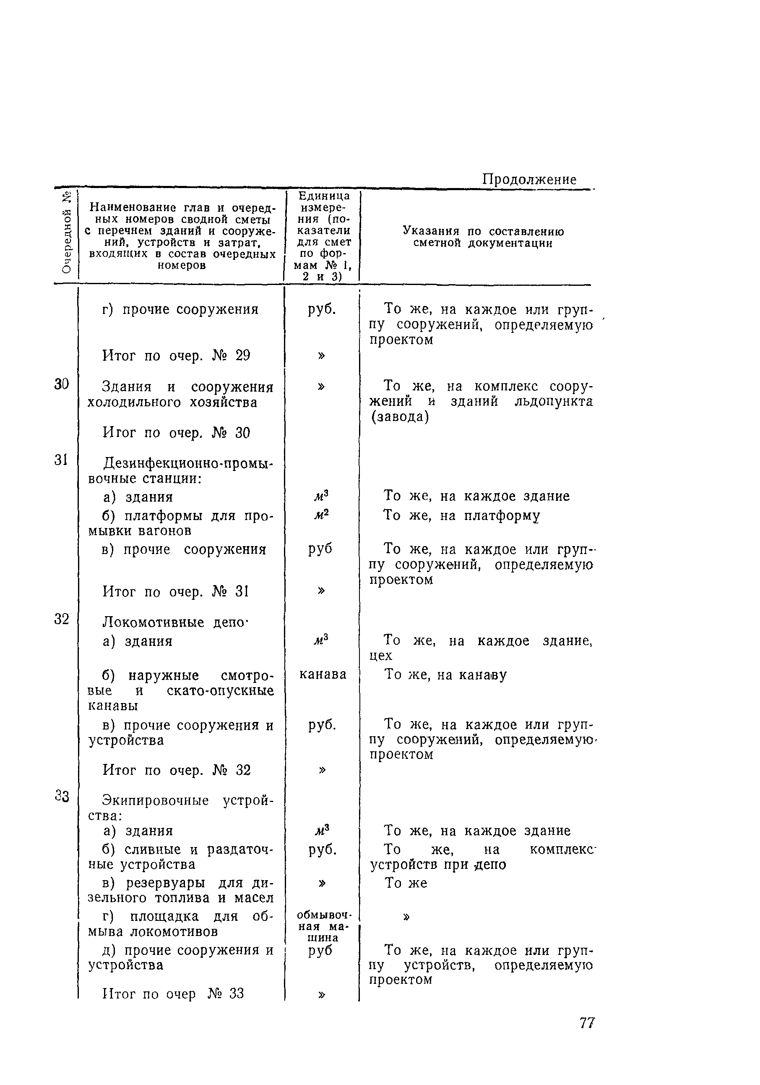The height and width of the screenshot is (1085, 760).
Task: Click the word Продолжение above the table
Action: coord(529,180)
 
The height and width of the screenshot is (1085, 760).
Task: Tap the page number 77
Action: coord(587,1023)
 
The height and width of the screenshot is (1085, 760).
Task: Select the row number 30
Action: coord(61,384)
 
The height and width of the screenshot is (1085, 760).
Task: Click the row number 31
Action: coord(61,460)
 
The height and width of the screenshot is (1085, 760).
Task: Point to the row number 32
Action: coord(61,619)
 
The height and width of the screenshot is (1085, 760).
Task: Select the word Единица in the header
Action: coord(324,196)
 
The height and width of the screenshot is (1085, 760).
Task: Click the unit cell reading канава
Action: coord(323,675)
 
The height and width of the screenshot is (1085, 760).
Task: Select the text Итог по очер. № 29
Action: coord(176,356)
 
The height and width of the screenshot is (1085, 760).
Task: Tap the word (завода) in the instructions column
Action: coord(400,417)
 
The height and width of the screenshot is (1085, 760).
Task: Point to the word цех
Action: coord(381,656)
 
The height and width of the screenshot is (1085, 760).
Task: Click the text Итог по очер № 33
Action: coord(173,994)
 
